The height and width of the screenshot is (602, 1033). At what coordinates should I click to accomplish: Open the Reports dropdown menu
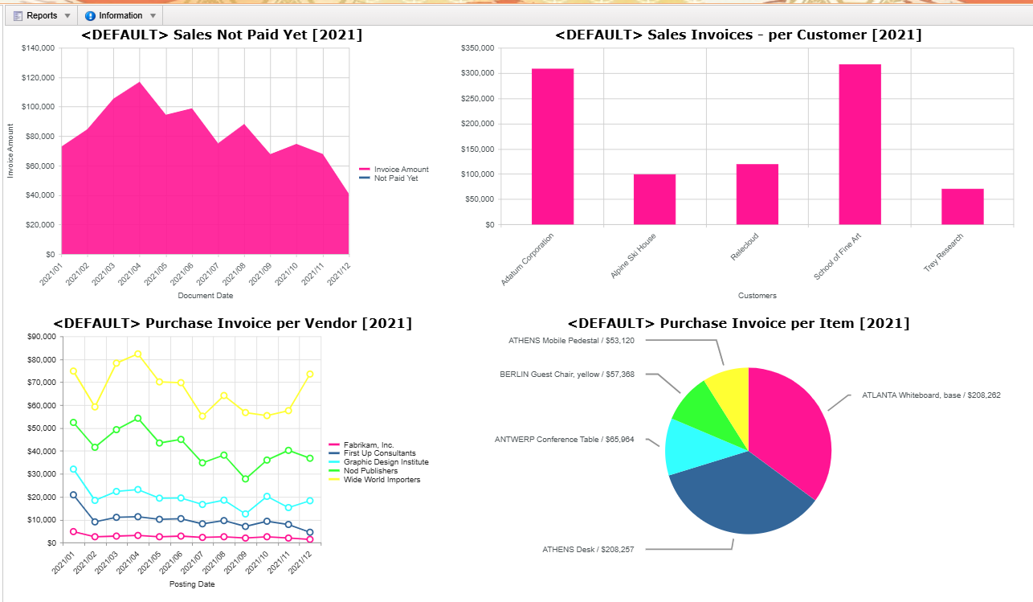pos(42,16)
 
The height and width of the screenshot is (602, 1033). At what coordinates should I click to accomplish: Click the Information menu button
pos(120,16)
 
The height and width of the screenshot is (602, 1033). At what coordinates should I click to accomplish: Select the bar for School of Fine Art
pos(859,145)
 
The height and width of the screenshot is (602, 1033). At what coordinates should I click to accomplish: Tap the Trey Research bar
pos(962,207)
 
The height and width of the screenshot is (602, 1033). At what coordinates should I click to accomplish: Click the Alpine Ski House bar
pos(655,199)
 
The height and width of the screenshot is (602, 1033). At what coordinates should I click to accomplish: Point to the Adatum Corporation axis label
pos(527,260)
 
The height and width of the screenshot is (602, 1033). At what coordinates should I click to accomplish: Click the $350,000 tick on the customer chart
pos(477,48)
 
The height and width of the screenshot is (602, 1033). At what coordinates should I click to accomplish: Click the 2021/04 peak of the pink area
pos(140,82)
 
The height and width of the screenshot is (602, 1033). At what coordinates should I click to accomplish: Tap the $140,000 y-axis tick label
pos(38,48)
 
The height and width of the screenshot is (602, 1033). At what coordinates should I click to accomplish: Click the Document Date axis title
pos(205,296)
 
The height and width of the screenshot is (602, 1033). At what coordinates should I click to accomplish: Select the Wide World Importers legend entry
pos(374,480)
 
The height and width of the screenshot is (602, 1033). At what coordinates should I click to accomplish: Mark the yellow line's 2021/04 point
pos(137,354)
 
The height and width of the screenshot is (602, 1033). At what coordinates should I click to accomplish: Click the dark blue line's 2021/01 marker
pos(73,495)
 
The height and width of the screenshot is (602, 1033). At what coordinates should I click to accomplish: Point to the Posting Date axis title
pos(192,584)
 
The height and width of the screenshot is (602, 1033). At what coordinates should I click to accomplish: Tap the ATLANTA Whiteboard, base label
pos(931,395)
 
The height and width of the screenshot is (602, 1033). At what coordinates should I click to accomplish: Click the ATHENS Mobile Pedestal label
pos(571,341)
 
